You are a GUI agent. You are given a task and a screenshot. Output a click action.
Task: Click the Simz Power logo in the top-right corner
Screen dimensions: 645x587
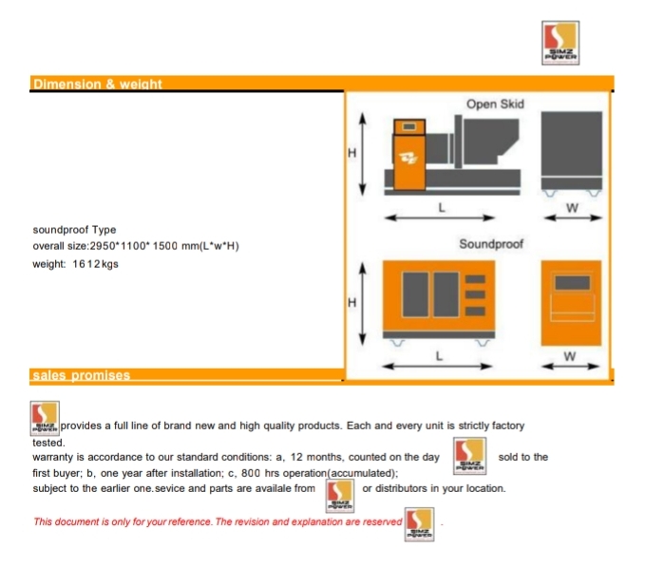[x=560, y=43]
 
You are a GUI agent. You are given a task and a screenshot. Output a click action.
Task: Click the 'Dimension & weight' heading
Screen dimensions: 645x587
[x=98, y=84]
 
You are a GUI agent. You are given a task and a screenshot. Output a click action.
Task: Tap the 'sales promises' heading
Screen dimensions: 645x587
[x=82, y=375]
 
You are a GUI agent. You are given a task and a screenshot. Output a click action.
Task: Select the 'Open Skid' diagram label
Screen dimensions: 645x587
[x=495, y=104]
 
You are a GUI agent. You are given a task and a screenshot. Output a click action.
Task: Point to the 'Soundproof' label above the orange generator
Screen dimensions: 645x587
[x=491, y=244]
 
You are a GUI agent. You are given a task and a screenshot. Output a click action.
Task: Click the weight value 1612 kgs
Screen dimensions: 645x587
[x=95, y=264]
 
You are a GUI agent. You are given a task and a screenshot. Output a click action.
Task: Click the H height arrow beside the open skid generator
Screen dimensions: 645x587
[x=363, y=154]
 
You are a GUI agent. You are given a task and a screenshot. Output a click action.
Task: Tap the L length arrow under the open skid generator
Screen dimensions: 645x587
[x=439, y=218]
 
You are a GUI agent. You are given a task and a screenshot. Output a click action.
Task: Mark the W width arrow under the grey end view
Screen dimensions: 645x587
[x=573, y=218]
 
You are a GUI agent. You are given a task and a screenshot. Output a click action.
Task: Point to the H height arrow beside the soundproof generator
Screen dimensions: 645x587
[x=363, y=304]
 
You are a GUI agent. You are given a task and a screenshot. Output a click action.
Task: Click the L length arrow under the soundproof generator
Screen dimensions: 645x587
[x=437, y=366]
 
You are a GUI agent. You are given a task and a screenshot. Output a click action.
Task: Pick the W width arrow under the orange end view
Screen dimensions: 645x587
[x=570, y=366]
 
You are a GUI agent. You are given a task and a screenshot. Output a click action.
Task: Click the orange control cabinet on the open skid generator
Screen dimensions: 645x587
[x=409, y=155]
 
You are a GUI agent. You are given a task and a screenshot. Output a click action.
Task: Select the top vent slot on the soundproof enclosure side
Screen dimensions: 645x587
[x=475, y=279]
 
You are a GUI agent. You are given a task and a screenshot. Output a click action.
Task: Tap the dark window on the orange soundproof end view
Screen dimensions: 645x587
[x=572, y=283]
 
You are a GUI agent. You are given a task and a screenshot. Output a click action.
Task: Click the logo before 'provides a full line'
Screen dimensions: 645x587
[x=45, y=418]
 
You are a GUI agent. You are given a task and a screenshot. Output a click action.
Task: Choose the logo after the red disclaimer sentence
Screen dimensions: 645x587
[x=419, y=524]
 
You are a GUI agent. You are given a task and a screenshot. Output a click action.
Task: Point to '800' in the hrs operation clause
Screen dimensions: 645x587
[x=251, y=473]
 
